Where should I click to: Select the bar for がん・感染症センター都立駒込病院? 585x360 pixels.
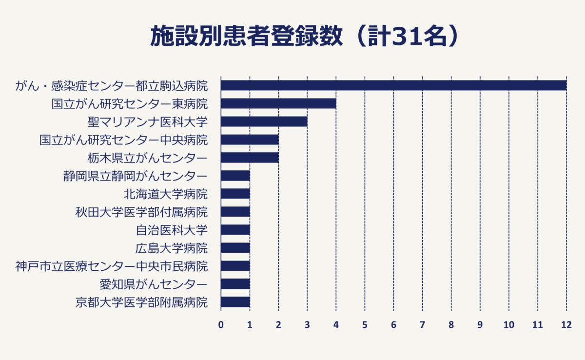click(x=393, y=85)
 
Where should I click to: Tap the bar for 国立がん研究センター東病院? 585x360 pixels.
click(x=278, y=103)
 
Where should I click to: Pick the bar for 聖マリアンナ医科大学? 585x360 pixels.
click(x=264, y=121)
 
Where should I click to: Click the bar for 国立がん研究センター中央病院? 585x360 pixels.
click(x=250, y=140)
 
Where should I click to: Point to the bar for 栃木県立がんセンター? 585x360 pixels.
click(x=250, y=158)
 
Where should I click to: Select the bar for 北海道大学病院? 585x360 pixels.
click(x=235, y=194)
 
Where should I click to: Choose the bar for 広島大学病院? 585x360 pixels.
click(x=235, y=248)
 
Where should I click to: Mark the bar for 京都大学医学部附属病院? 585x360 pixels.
click(x=235, y=302)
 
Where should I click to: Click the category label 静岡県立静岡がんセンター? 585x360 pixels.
click(x=135, y=176)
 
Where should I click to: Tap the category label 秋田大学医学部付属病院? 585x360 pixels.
click(x=141, y=212)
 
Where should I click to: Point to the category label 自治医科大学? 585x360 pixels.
click(x=172, y=230)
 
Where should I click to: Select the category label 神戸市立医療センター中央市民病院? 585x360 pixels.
click(x=111, y=266)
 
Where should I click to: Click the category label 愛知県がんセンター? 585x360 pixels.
click(x=153, y=284)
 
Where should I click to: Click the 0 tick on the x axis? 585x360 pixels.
click(x=221, y=324)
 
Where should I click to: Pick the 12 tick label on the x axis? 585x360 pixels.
click(x=566, y=324)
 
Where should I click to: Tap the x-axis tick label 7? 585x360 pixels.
click(x=422, y=324)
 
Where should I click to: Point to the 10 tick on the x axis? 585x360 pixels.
click(x=508, y=324)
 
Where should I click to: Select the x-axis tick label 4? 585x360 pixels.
click(x=336, y=324)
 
